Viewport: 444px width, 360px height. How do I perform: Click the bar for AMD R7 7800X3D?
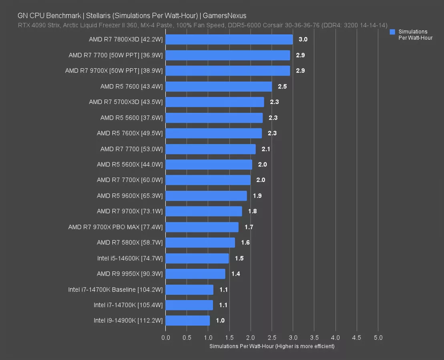[229, 39]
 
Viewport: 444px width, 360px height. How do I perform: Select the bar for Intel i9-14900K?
[187, 320]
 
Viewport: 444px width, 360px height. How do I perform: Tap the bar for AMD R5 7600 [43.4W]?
[219, 86]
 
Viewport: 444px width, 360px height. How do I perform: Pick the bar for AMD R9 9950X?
[195, 274]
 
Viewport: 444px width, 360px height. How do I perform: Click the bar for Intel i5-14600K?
[197, 258]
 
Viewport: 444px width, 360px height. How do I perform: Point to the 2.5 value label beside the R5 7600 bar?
[282, 86]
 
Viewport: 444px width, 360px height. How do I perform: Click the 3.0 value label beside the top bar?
[303, 39]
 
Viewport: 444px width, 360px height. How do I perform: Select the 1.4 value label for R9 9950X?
[236, 274]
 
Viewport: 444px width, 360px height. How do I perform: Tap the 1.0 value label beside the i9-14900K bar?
[220, 320]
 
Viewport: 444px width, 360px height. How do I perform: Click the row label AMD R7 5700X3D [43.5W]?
[126, 102]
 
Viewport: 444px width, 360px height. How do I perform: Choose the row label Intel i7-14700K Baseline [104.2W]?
[115, 290]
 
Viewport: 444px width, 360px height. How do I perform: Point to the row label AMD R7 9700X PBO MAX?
[115, 227]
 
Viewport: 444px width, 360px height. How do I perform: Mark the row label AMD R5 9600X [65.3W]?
[130, 196]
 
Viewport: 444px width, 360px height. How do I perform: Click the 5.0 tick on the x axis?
[378, 338]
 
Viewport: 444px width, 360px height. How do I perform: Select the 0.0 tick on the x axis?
[166, 338]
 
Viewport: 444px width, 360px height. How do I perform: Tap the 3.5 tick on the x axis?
[314, 338]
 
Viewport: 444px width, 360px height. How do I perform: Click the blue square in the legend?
[392, 32]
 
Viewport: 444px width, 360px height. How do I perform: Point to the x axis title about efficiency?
[272, 346]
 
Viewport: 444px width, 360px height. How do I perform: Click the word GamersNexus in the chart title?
[225, 16]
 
